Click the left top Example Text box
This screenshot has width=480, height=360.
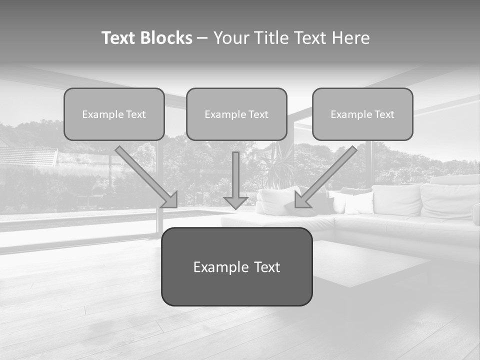click(114, 114)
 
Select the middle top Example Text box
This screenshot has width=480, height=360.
click(236, 114)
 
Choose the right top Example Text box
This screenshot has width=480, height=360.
click(362, 114)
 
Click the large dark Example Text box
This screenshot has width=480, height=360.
click(236, 266)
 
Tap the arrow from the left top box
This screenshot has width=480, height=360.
click(145, 175)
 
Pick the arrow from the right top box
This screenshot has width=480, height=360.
click(327, 175)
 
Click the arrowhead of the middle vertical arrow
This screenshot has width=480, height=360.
click(236, 202)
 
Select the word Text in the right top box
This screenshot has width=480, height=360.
click(384, 114)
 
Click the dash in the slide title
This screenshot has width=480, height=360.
click(203, 38)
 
